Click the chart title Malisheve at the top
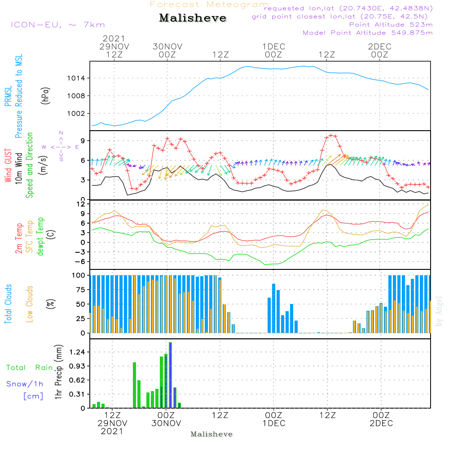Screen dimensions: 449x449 (x=193, y=18)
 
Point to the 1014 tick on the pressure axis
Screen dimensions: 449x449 (x=76, y=78)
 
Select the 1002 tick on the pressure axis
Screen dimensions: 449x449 (x=76, y=114)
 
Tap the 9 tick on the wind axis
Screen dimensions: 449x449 (x=83, y=141)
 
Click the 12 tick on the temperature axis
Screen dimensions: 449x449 (x=81, y=204)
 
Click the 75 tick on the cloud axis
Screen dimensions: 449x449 (x=81, y=290)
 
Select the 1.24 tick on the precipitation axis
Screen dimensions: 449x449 (x=77, y=352)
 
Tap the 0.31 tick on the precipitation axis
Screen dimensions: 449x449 (x=77, y=394)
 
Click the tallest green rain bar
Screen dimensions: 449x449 (x=170, y=375)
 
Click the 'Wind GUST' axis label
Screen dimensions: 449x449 (x=8, y=165)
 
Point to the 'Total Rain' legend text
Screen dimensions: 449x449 (x=30, y=368)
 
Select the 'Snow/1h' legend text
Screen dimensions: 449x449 (x=25, y=384)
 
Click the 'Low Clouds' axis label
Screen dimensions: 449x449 (x=30, y=304)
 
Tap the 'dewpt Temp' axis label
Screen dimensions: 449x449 (x=40, y=237)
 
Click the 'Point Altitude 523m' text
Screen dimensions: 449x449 (x=391, y=25)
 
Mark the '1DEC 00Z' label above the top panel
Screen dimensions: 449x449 (x=274, y=51)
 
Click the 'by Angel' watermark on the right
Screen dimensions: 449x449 (x=439, y=311)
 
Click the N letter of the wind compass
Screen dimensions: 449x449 (x=61, y=133)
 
